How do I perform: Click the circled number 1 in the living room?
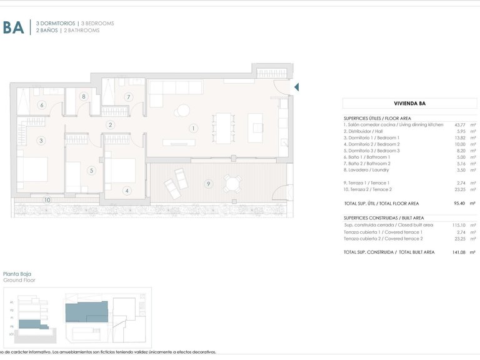(194, 129)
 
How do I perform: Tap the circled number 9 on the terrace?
(208, 184)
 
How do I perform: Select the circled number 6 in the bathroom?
(42, 105)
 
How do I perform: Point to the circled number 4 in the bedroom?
(127, 191)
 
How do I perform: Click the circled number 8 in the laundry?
(84, 96)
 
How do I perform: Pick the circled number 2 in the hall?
(111, 125)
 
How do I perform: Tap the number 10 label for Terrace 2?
(47, 200)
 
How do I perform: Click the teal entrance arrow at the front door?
(297, 87)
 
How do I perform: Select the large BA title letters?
(14, 27)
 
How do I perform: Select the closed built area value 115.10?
(459, 224)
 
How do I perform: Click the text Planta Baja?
(17, 274)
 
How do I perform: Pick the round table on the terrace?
(232, 183)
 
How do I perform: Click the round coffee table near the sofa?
(182, 111)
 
